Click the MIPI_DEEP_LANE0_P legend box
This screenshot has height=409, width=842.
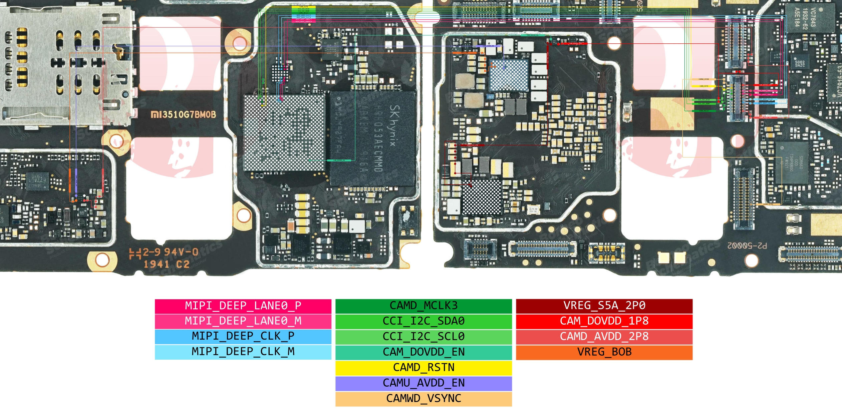[243, 306]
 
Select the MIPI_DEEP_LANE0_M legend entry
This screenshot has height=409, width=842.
[243, 321]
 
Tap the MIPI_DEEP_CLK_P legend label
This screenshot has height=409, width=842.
[243, 336]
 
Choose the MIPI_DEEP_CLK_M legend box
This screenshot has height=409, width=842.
[243, 352]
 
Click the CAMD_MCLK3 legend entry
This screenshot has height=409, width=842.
[424, 306]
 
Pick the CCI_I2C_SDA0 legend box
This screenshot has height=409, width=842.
[424, 321]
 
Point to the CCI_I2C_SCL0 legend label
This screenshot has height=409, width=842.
[424, 336]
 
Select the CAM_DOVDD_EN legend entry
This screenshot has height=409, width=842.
[424, 352]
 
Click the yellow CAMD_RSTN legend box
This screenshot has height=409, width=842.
[424, 367]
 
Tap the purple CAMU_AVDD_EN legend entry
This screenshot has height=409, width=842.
[424, 383]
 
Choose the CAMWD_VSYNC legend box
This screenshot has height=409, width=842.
[424, 398]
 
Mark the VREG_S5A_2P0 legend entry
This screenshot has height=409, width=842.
[604, 306]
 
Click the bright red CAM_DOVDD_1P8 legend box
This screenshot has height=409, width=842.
[604, 321]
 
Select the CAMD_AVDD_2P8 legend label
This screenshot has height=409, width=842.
[604, 336]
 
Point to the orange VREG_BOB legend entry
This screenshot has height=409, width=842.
[604, 352]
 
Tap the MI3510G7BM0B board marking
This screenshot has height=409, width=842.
[184, 115]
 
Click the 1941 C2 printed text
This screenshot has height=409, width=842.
[167, 265]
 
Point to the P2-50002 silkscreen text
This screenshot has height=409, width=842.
[747, 246]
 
